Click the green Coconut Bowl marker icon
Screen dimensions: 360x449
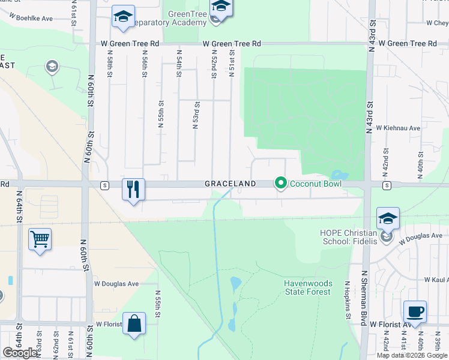[280, 183]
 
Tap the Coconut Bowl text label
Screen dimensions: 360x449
[316, 184]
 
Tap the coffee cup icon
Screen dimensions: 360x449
[415, 311]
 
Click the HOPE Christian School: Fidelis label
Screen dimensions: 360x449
[349, 237]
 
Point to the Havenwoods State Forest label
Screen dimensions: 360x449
[307, 287]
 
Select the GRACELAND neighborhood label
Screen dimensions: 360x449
[231, 184]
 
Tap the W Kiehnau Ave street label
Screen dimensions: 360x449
[398, 128]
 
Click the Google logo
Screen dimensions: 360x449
[20, 353]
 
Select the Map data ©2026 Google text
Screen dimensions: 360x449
[411, 355]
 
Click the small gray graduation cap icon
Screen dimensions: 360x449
[52, 65]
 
